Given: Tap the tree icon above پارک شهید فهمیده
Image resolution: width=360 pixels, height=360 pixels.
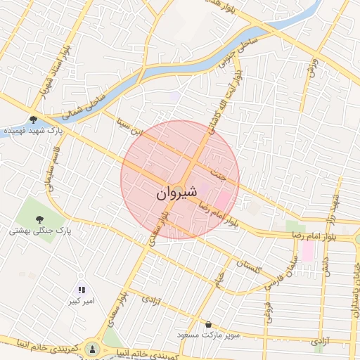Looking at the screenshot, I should [33, 120].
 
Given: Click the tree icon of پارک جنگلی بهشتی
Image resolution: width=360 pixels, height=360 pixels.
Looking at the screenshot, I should [39, 219].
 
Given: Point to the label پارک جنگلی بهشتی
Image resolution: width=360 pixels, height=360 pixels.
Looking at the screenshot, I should [41, 231].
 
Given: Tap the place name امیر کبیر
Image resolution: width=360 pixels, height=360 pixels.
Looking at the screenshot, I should [79, 302].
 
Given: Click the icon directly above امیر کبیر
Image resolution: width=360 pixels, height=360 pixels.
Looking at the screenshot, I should [81, 290].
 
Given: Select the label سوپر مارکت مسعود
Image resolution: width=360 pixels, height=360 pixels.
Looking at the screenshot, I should [209, 335].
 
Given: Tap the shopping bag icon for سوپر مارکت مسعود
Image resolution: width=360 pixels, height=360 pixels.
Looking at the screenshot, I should [208, 324].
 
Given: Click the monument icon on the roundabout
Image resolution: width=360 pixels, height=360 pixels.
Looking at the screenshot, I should [92, 349].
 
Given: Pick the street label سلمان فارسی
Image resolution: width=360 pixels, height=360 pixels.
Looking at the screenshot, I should [289, 267].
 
